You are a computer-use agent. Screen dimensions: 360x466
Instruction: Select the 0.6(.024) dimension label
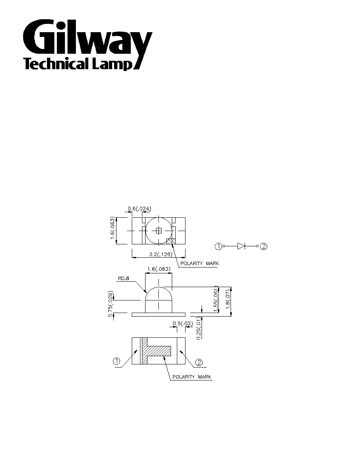point(140,209)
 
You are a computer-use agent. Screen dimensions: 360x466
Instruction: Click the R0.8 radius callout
point(123,279)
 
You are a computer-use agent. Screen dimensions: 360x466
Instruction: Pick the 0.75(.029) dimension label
point(111,304)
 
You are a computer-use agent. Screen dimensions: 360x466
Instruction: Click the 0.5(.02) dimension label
point(183,323)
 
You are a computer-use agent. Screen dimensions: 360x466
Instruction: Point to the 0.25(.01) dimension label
point(199,328)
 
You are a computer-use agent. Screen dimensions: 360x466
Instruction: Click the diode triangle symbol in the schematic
point(241,246)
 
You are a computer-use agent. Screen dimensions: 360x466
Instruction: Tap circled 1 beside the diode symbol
point(218,246)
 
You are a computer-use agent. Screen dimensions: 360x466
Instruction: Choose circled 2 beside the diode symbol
point(264,246)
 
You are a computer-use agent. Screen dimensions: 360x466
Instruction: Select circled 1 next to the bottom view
point(116,361)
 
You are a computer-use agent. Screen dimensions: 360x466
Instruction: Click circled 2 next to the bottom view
point(199,362)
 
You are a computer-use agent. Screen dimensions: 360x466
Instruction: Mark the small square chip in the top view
point(158,230)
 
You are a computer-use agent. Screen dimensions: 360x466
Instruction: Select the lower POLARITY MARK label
point(192,377)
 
